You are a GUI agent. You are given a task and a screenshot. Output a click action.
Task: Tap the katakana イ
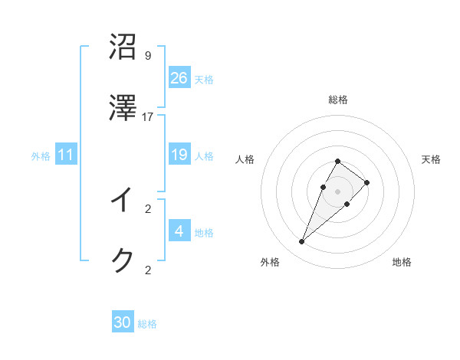pos(123,200)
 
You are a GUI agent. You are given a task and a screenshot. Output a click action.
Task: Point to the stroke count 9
pos(147,56)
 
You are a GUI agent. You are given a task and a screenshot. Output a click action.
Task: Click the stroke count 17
pos(148,116)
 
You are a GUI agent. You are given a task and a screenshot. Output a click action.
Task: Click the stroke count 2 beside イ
pos(147,208)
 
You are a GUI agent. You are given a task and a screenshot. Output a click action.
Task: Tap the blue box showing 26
pos(179,78)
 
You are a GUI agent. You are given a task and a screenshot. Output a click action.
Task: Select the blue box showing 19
pos(179,155)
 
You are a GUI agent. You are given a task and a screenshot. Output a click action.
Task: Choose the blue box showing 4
pos(179,231)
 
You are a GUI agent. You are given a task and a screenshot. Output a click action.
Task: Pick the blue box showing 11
pos(66,155)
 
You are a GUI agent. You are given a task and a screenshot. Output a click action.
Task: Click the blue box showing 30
pos(123,322)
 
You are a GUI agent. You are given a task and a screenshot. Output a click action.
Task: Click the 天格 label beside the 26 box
pos(204,80)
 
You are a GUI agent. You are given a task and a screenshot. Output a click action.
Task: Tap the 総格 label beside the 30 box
pos(147,324)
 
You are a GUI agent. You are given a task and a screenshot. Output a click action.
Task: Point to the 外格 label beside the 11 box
pos(41,156)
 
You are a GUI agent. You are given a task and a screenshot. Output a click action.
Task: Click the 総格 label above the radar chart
pos(338,100)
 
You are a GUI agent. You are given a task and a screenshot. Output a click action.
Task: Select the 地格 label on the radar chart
pos(402,262)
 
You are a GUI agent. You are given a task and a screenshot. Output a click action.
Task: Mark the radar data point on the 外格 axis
pos(301,242)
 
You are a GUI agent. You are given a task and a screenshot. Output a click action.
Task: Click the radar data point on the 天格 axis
pos(367,182)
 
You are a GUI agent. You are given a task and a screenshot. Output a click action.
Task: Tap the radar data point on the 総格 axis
pos(338,162)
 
